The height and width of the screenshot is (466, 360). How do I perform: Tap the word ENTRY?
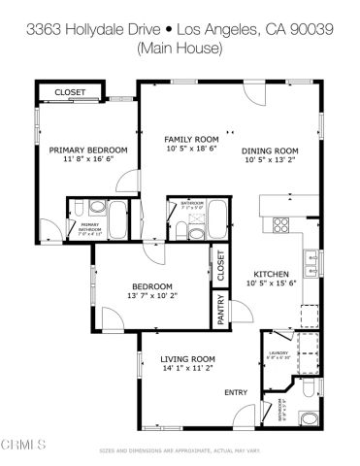[x=236, y=392]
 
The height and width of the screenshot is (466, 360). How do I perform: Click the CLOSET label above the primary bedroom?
[x=69, y=92]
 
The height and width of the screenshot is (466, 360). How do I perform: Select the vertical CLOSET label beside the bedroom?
[x=220, y=266]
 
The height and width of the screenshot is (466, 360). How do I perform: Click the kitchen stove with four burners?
[x=282, y=225]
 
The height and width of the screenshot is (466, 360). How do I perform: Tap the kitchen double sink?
[x=311, y=259]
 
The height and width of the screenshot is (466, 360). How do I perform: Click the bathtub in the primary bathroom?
[x=115, y=220]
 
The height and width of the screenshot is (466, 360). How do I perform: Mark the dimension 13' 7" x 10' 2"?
[x=153, y=297]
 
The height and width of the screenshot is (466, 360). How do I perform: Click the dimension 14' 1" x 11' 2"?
[x=187, y=370]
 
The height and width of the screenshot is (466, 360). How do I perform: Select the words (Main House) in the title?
[x=180, y=47]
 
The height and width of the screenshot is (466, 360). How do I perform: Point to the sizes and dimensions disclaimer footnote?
[x=180, y=451]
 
